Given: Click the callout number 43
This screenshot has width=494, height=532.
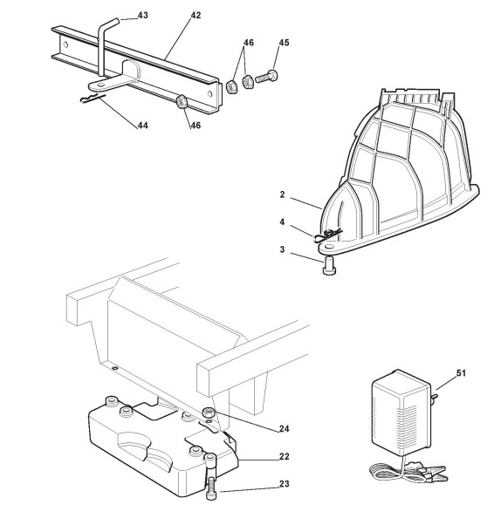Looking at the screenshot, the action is (x=143, y=16).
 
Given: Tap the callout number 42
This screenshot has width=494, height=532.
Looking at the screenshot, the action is (x=196, y=16).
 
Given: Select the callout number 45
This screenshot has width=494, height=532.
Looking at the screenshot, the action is (x=284, y=43).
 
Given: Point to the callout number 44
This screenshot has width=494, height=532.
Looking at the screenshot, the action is (x=142, y=126).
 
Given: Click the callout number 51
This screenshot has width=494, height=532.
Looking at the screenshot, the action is (x=461, y=373).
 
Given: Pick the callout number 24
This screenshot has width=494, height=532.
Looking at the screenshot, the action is (x=285, y=428).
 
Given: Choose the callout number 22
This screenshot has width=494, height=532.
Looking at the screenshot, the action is (x=285, y=456).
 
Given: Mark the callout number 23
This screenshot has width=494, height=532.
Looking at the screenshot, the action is (x=285, y=483).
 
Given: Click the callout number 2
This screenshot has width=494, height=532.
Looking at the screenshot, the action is (x=282, y=194).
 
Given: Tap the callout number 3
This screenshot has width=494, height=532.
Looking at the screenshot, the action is (x=282, y=249).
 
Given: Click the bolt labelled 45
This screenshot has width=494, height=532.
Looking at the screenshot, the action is (x=266, y=77).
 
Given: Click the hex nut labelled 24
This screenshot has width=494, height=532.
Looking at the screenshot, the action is (x=209, y=413).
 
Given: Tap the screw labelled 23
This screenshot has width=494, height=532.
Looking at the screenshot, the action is (x=211, y=488).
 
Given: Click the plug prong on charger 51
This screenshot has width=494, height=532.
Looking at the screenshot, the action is (x=434, y=396).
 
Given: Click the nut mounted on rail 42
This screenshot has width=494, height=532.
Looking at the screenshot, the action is (x=181, y=101).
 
